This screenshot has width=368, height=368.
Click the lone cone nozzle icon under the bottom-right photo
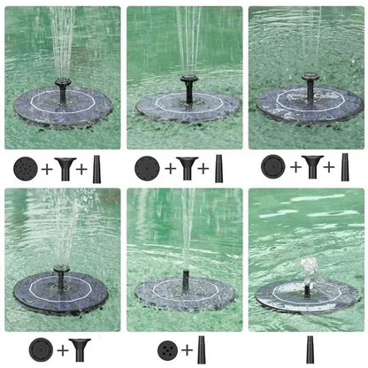[x=310, y=348]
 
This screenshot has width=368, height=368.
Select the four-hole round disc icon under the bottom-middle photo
[x=165, y=349]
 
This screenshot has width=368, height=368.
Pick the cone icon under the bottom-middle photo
[x=202, y=349]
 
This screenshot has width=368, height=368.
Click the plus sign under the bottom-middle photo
[x=185, y=349]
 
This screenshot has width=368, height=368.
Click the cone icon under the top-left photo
[x=98, y=166]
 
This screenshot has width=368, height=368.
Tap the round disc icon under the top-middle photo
[x=147, y=167]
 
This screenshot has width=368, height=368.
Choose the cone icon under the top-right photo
[x=345, y=166]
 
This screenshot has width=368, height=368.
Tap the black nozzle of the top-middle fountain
[x=188, y=86]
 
